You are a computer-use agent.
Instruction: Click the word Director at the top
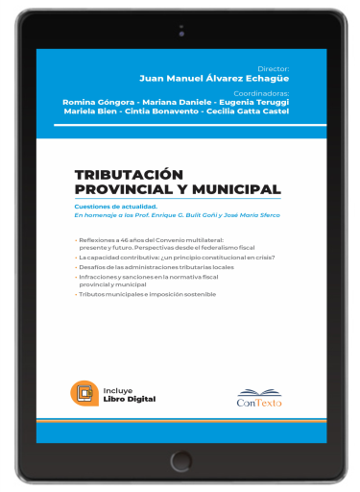(275, 69)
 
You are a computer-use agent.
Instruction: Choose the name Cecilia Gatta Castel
(249, 111)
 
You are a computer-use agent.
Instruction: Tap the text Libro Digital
(130, 398)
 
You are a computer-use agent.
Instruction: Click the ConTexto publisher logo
(259, 395)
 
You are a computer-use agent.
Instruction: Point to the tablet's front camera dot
(180, 30)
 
